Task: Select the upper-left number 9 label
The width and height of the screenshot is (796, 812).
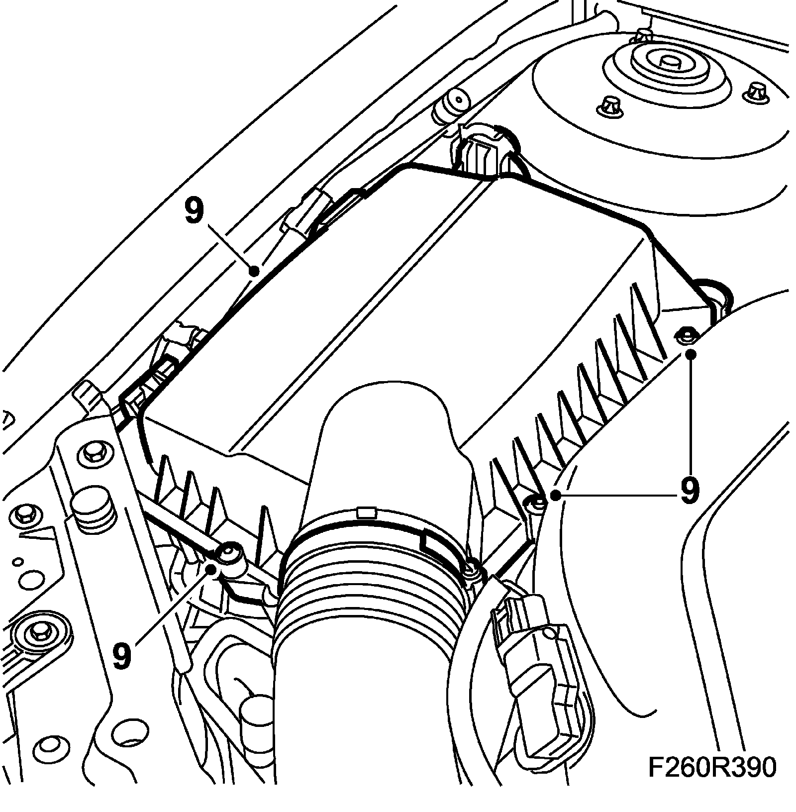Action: coord(194,211)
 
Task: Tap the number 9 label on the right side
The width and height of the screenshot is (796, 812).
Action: coord(689,491)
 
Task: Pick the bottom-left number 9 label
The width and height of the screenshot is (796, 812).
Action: coord(122,655)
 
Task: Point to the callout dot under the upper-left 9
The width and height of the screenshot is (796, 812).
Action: coord(254,271)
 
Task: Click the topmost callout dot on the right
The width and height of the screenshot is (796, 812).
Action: coord(691,354)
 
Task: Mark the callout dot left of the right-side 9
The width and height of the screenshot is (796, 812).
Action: coord(556,495)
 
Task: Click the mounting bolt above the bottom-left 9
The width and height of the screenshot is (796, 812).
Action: coord(229,553)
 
